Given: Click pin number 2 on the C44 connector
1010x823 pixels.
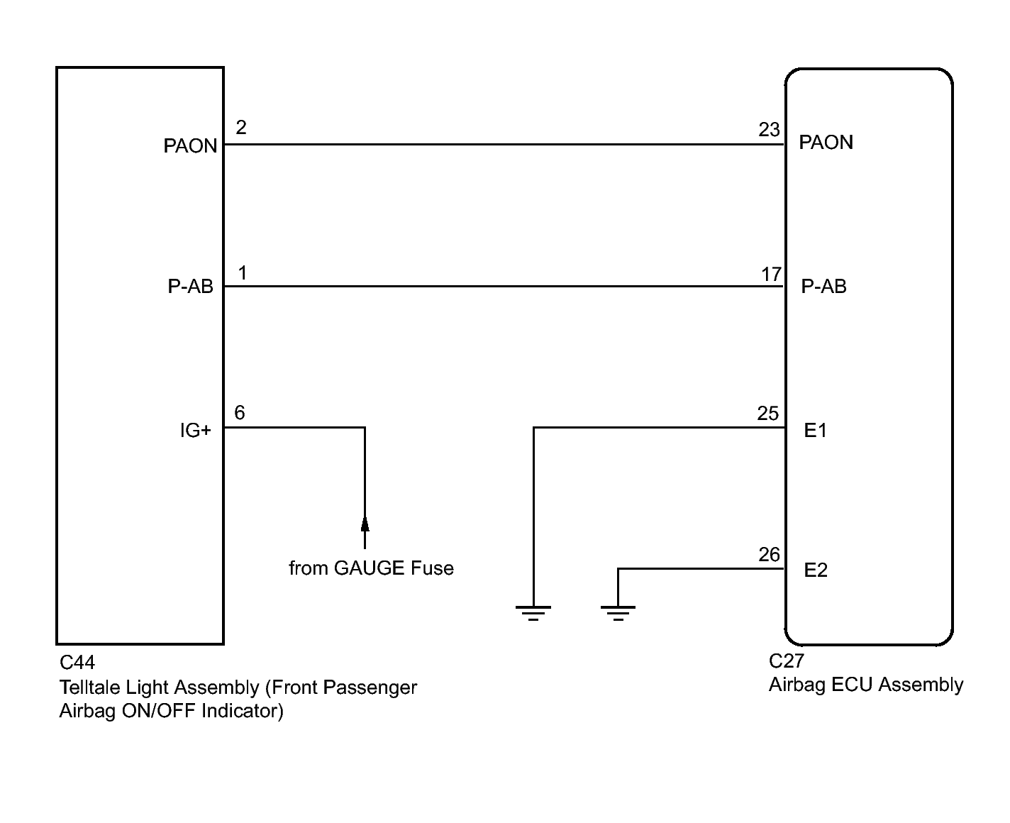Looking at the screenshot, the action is (241, 127).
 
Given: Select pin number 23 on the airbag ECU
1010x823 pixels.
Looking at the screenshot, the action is (769, 130).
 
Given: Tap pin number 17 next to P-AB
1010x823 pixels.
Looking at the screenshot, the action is (771, 274).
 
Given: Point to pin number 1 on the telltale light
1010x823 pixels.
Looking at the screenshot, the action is (243, 272).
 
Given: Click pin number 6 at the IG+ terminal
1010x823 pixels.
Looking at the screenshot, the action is (240, 413).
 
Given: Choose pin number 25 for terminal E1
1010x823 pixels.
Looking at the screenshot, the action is (767, 414).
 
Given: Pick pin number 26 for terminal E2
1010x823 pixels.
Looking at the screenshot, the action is (769, 554).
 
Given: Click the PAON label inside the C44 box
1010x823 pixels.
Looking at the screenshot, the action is (190, 146).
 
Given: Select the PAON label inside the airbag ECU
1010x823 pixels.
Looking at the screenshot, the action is (826, 143).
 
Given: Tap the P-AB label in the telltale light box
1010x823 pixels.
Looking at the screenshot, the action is (191, 287).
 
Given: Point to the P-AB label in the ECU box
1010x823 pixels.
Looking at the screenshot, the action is (823, 287).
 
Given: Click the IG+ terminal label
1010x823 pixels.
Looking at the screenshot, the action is (195, 431).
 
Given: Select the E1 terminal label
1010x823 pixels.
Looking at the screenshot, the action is (816, 431).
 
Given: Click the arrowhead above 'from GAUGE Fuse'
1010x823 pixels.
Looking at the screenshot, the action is (365, 524).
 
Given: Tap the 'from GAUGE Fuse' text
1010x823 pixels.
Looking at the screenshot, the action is (371, 568).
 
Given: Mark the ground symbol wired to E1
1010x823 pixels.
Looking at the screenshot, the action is (533, 613).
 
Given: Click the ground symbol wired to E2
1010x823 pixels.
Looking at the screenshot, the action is (618, 613).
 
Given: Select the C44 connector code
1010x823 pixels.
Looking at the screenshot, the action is (77, 663).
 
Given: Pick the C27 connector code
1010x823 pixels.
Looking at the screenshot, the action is (787, 661).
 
